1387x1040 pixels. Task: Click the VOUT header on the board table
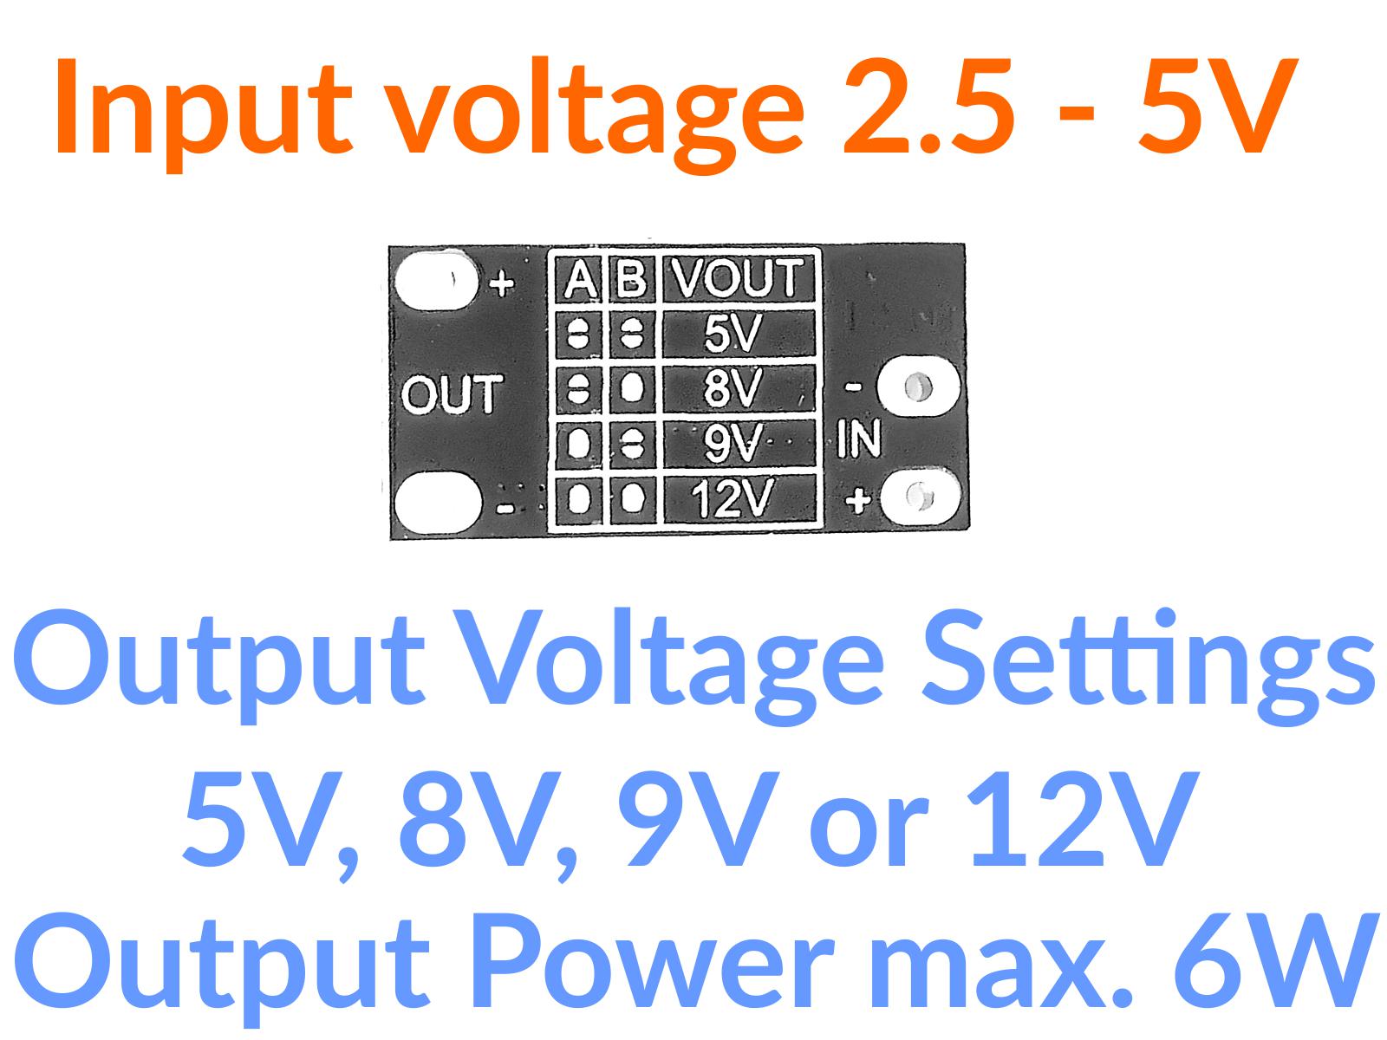[739, 278]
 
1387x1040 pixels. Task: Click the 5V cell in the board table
[733, 333]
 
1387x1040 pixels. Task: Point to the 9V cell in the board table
[733, 445]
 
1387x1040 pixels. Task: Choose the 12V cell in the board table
[733, 500]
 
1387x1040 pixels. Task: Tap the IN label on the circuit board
[858, 439]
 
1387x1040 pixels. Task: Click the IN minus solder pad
[918, 387]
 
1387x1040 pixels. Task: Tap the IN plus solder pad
[918, 497]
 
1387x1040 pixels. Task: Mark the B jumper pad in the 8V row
[634, 388]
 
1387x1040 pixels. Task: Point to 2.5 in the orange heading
[928, 104]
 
